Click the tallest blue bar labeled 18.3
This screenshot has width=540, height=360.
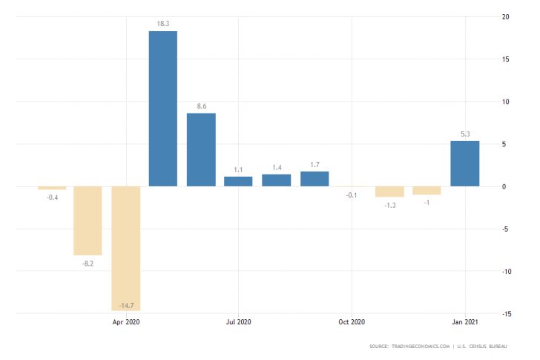pyautogui.click(x=163, y=108)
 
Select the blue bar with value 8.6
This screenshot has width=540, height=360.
pyautogui.click(x=201, y=149)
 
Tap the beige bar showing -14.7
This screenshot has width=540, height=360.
pyautogui.click(x=125, y=248)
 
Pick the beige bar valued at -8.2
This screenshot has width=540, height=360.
pyautogui.click(x=88, y=220)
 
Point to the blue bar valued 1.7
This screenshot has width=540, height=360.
pyautogui.click(x=315, y=179)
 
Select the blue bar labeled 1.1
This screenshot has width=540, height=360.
pyautogui.click(x=238, y=181)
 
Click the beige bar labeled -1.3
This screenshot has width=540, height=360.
pyautogui.click(x=389, y=192)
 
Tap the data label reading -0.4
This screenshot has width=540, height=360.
pyautogui.click(x=52, y=197)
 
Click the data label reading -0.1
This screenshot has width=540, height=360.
pyautogui.click(x=352, y=194)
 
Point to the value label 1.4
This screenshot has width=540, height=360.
pyautogui.click(x=276, y=168)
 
